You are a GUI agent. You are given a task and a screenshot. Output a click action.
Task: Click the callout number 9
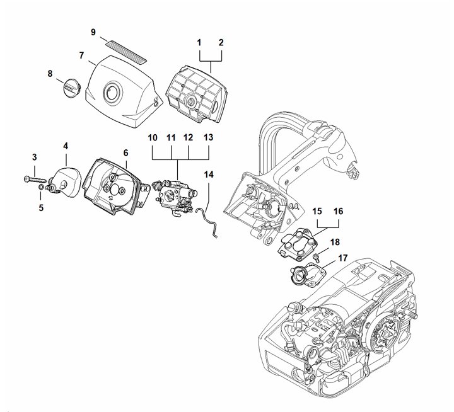(93, 32)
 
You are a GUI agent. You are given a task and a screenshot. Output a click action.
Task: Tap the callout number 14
(209, 175)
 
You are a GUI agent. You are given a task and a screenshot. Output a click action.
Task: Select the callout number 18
(335, 242)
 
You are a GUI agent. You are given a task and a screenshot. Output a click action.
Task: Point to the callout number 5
(41, 208)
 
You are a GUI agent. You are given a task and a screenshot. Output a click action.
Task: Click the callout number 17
(343, 258)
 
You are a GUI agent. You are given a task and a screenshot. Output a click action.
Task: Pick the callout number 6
(125, 152)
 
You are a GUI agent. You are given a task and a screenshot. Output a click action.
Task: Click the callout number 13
(208, 137)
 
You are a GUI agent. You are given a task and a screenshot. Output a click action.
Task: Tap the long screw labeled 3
(35, 180)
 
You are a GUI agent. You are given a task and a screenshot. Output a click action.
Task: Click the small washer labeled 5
(41, 188)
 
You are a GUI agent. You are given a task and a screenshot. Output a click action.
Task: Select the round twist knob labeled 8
(72, 86)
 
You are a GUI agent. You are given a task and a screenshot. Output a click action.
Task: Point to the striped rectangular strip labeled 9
(126, 52)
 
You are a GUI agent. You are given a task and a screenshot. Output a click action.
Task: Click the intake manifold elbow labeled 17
(308, 274)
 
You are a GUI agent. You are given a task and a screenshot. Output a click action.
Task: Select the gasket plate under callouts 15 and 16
(298, 243)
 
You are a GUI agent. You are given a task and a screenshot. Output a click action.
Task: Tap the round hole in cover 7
(113, 92)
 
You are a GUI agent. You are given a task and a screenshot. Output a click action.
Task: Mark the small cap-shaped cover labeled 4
(65, 182)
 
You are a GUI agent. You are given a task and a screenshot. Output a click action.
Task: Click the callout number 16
(338, 212)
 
